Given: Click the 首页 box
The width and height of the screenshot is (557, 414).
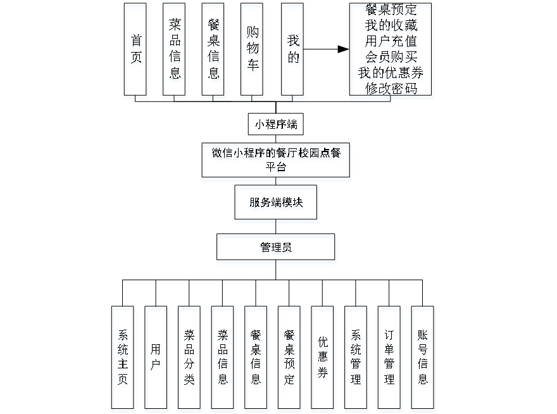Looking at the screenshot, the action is (136, 51).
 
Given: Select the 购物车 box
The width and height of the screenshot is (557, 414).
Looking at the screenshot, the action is (253, 51).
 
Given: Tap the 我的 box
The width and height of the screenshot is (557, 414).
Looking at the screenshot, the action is (292, 51).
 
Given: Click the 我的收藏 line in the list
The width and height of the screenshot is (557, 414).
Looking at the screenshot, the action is (391, 27).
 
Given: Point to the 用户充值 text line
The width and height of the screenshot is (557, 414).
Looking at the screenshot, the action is (391, 42).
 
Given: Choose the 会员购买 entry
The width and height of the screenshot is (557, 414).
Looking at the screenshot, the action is (391, 58).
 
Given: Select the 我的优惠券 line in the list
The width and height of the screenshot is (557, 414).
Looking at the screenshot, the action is (391, 74).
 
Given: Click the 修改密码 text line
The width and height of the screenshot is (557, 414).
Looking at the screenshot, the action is (391, 89).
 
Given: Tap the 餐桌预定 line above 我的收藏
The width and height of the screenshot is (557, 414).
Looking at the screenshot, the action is (391, 11).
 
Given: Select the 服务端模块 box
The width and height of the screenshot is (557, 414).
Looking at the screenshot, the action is (276, 204).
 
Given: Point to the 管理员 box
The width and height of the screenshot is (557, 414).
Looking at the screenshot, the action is (276, 249).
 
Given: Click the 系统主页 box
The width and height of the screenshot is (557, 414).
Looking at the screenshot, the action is (123, 359).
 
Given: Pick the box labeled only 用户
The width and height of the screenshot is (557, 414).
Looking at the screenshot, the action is (156, 359).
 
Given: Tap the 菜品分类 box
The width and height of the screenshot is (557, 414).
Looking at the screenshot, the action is (189, 359).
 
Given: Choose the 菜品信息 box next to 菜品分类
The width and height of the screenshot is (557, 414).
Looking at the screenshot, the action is (223, 359).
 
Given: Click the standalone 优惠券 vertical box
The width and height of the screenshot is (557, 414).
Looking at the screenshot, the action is (323, 359).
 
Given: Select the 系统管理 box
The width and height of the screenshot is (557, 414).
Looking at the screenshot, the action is (356, 359).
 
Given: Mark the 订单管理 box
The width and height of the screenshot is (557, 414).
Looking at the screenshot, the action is (390, 359).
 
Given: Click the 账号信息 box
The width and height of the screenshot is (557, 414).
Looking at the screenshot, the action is (423, 359).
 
